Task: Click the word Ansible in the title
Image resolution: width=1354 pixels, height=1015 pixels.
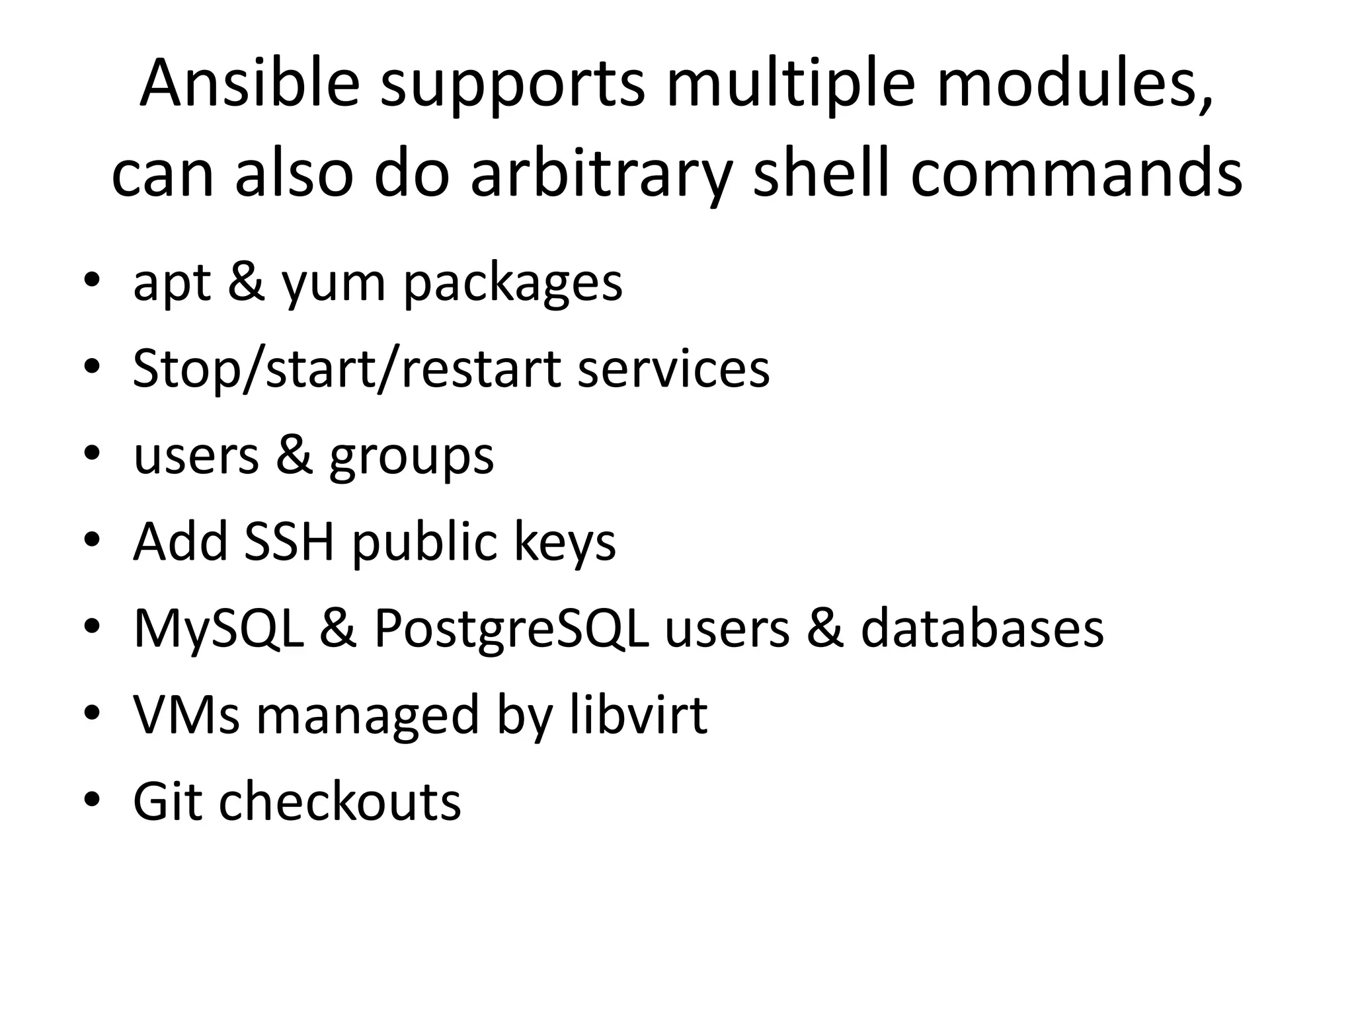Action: [250, 84]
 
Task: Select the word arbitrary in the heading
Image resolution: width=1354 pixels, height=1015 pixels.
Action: [601, 174]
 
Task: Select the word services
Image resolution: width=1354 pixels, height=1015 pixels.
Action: [674, 369]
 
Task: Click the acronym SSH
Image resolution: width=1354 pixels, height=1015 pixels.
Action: [289, 542]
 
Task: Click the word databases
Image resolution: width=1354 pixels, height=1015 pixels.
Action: [982, 628]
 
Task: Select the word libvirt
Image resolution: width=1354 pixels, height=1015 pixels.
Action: [638, 715]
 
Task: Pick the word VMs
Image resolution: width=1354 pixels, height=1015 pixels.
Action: [186, 715]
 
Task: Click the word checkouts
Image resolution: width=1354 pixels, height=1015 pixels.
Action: [340, 802]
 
